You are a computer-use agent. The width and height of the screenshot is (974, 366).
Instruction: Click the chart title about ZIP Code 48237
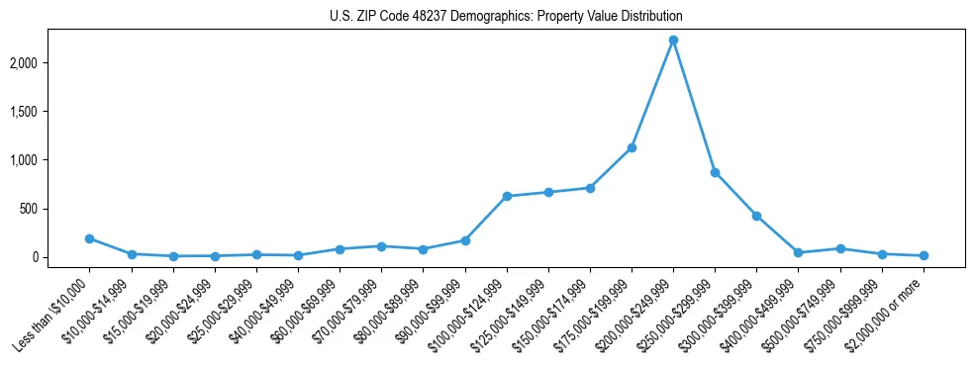pos(506,17)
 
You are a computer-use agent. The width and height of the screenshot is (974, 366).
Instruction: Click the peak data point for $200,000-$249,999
pos(673,41)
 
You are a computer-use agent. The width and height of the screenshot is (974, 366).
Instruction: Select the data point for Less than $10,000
pos(89,238)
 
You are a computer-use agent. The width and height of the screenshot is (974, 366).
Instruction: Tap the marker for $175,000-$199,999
pos(632,148)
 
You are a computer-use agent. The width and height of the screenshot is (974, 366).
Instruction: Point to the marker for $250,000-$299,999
pos(715,172)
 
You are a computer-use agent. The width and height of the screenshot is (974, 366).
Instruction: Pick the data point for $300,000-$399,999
pos(756,216)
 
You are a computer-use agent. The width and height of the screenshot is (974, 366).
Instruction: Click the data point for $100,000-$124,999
pos(507,196)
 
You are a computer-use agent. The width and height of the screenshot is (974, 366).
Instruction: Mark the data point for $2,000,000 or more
pos(924,255)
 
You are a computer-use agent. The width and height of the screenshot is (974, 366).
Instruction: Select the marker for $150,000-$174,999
pos(590,188)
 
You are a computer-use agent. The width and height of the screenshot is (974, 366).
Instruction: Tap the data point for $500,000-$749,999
pos(840,248)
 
